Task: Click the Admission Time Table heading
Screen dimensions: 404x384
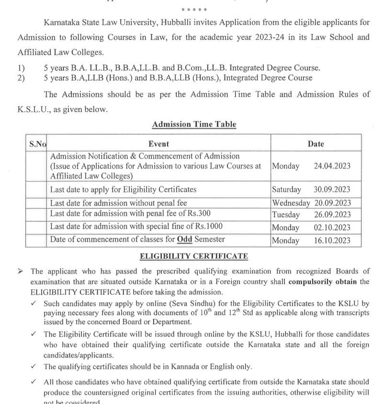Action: point(194,124)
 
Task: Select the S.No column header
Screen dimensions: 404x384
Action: point(38,143)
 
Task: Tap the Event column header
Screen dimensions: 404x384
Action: point(158,143)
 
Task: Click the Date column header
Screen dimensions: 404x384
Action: point(316,143)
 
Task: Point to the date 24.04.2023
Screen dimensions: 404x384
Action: point(332,166)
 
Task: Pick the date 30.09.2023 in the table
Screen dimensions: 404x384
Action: point(332,189)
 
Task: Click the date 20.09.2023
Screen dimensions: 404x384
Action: point(332,203)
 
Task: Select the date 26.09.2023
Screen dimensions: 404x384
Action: point(332,215)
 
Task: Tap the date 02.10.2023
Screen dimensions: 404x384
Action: point(332,228)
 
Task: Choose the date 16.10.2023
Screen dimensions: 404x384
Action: point(332,240)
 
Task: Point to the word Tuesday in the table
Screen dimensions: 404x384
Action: point(286,215)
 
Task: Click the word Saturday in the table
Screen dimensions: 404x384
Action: point(287,189)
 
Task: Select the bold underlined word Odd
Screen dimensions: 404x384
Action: point(184,239)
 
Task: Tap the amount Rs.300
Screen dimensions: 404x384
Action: point(197,213)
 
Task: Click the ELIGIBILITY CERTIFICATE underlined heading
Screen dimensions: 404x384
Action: point(194,257)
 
